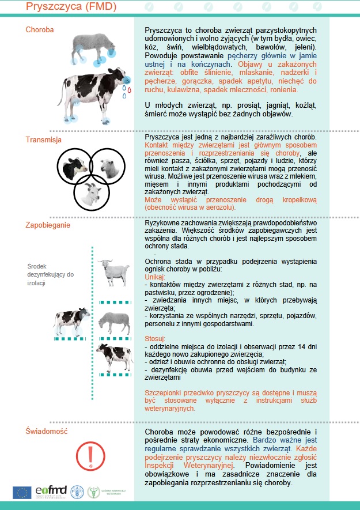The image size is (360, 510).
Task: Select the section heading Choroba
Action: coord(40,29)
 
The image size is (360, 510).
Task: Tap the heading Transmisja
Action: coord(44,139)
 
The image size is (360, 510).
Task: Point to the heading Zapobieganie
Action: coord(48,225)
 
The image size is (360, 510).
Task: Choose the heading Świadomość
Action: coord(47,431)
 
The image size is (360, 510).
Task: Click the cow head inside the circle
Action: coord(75,167)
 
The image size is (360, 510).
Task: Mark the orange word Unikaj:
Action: coord(155,277)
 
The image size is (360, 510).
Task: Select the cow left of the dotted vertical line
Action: coord(71,322)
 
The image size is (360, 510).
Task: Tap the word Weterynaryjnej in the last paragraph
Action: coord(206,465)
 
